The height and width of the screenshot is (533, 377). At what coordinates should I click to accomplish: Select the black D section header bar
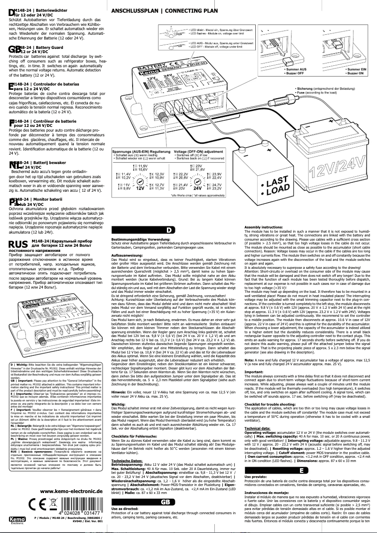[x=168, y=230]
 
